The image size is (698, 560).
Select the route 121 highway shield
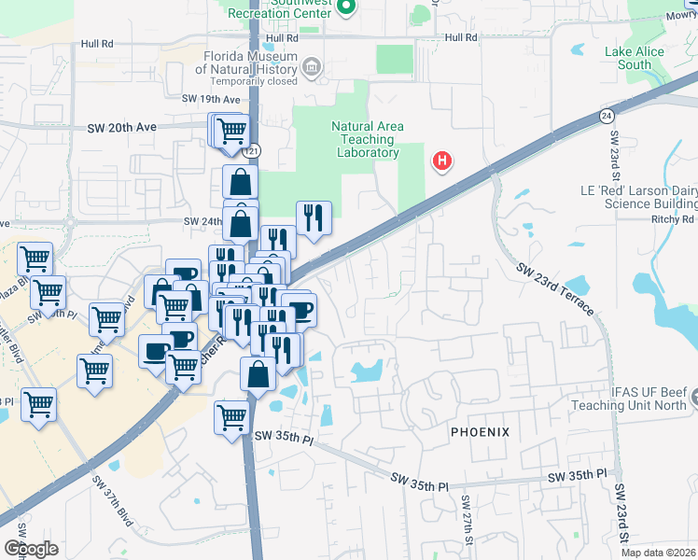[254, 150]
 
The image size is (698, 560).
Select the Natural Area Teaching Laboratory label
[365, 139]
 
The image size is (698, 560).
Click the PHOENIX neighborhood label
[481, 432]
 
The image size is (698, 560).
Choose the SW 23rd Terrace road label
[557, 289]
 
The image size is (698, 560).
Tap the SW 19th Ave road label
[211, 99]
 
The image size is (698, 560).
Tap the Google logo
[31, 549]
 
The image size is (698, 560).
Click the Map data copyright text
[659, 553]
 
